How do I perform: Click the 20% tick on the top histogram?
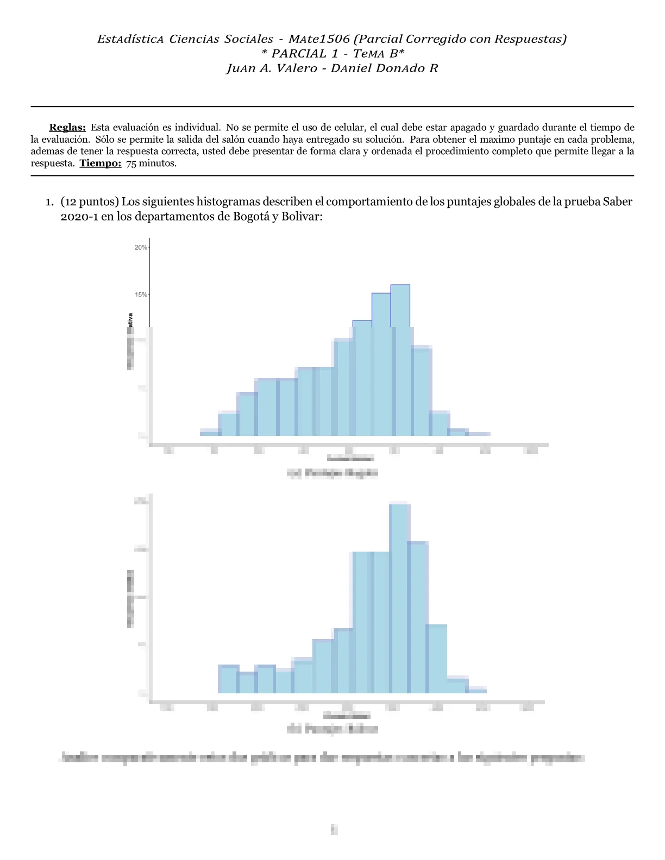141,248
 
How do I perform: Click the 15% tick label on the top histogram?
141,295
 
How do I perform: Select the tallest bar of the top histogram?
400,358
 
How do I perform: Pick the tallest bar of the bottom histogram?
399,597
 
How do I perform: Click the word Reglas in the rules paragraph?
67,128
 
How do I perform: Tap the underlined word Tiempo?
101,163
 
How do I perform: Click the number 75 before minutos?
131,163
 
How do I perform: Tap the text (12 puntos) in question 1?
90,202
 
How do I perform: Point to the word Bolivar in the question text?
301,217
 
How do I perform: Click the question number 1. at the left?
49,202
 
